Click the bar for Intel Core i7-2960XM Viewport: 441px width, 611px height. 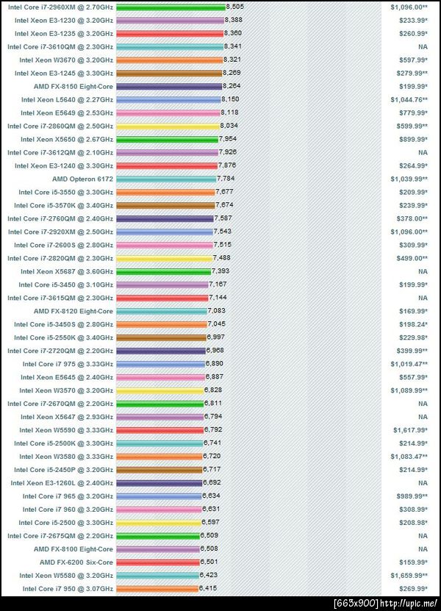point(171,7)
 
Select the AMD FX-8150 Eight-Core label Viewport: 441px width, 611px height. point(73,86)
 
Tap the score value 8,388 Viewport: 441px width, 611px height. point(234,20)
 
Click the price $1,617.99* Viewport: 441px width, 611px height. point(410,430)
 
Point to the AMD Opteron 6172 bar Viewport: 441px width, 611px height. point(165,179)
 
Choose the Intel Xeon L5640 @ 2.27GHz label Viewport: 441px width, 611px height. point(67,99)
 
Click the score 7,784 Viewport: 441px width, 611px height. point(226,179)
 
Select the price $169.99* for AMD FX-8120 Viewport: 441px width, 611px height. point(414,311)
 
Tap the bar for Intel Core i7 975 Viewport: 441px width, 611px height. point(160,364)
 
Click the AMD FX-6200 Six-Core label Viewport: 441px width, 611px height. point(76,562)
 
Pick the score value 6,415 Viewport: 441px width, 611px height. point(209,589)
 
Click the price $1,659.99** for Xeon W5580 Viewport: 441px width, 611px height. point(409,576)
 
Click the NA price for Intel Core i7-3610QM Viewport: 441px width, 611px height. point(423,46)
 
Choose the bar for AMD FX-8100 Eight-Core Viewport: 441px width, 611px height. point(158,549)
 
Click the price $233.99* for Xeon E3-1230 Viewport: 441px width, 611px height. point(412,20)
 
